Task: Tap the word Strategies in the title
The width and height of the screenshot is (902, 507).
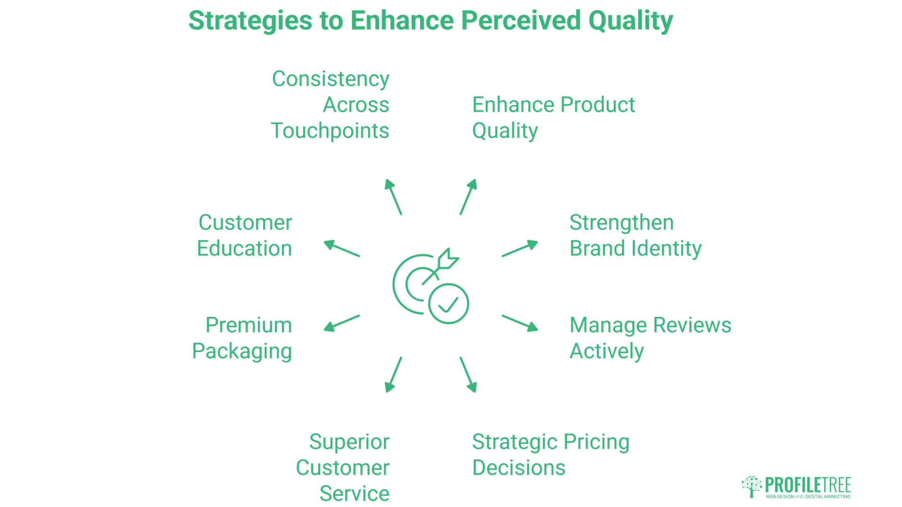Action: click(x=250, y=22)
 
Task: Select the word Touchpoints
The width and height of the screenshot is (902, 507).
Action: click(x=330, y=131)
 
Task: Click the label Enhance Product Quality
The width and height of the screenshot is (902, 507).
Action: click(x=553, y=117)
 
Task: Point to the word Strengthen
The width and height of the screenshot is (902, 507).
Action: click(x=621, y=223)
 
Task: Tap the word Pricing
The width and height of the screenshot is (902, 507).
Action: click(x=596, y=442)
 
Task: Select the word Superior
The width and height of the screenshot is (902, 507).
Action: click(x=349, y=442)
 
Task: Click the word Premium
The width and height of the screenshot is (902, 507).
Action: click(x=249, y=325)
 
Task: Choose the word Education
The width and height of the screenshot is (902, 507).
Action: click(x=244, y=248)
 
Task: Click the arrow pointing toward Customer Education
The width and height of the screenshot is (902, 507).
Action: click(x=342, y=248)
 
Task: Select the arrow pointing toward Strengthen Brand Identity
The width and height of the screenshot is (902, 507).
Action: click(x=520, y=248)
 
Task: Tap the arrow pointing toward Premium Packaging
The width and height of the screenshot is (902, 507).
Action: click(x=342, y=323)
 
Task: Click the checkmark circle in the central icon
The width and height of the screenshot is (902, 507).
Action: click(x=448, y=304)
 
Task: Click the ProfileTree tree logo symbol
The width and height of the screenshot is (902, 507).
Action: click(x=751, y=486)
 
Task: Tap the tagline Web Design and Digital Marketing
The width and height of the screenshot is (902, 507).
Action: click(x=808, y=496)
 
